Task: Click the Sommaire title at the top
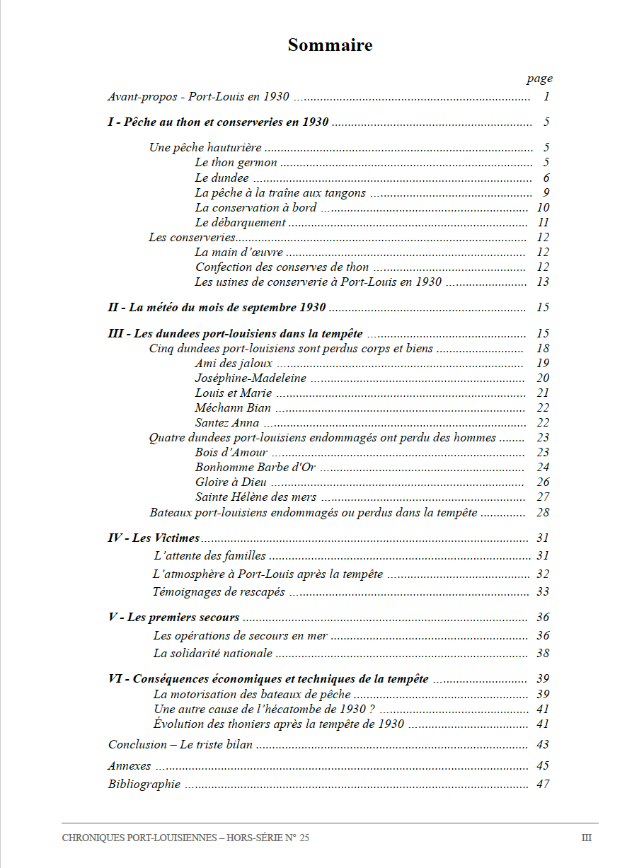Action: click(x=330, y=45)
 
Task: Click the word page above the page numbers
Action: click(x=539, y=79)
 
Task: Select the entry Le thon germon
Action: click(x=236, y=163)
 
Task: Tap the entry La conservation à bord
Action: click(x=256, y=207)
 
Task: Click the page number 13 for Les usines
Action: click(x=543, y=282)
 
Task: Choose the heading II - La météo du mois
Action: click(x=217, y=307)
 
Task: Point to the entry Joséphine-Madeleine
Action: click(x=251, y=378)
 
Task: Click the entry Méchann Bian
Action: click(x=233, y=407)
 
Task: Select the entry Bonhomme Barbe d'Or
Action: click(x=255, y=467)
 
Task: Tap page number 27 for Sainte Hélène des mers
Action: click(x=543, y=497)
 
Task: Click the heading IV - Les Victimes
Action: click(x=154, y=538)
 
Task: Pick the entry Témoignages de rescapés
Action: click(x=219, y=591)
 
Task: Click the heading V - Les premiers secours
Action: click(x=174, y=618)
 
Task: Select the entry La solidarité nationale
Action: click(x=213, y=653)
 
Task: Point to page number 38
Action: click(x=543, y=653)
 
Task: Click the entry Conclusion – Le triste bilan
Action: click(x=180, y=744)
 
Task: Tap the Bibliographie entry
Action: click(x=144, y=784)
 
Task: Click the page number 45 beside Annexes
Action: click(x=543, y=765)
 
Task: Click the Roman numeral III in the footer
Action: click(x=586, y=838)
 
